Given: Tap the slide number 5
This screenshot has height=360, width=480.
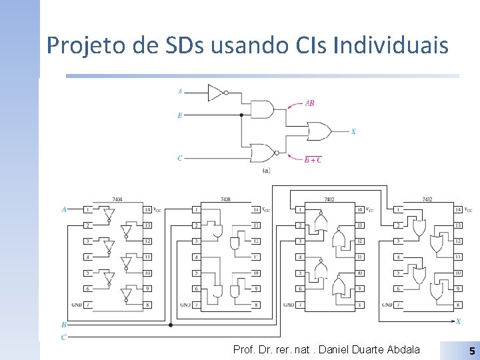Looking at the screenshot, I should coord(471,351).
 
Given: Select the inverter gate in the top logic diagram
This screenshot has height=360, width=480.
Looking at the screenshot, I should coord(216,93).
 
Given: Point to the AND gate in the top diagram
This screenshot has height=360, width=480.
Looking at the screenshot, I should coord(261,109).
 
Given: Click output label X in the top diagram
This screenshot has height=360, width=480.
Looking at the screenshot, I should coord(353,131).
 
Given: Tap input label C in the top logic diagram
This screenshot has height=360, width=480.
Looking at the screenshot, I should coord(179,158).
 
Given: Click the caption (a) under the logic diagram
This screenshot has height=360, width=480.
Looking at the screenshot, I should coord(266,171).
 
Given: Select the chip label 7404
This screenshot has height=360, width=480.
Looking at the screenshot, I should coord(117,199).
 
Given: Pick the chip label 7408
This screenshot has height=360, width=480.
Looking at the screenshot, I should coord(225,199).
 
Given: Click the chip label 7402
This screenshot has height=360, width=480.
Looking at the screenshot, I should coord(329,199).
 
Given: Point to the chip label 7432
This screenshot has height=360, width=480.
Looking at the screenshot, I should coord(427,199).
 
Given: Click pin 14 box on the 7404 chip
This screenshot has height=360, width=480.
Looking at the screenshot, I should coord(147,209).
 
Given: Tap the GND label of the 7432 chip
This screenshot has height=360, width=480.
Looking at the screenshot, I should coord(387,305).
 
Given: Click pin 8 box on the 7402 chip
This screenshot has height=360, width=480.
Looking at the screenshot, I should coord(359,305).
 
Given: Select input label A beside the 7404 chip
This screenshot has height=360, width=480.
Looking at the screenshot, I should coord(64,209).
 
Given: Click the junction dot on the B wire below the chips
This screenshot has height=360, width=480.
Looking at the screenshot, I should coord(171,325).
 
